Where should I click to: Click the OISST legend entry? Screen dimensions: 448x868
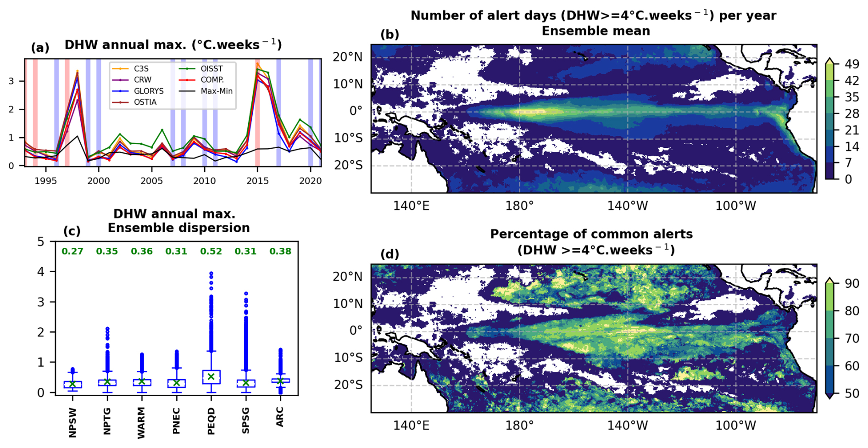(211, 69)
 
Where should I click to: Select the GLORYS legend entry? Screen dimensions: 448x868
(148, 91)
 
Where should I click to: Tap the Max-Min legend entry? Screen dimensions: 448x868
(216, 91)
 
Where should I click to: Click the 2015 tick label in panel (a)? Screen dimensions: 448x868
(257, 181)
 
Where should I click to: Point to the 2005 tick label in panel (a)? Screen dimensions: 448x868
(151, 181)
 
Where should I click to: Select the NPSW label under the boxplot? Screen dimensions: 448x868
(72, 422)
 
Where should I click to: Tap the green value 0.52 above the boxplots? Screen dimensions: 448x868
(211, 252)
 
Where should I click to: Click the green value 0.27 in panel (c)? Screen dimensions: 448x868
(72, 252)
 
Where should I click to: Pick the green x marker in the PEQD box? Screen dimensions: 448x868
(211, 376)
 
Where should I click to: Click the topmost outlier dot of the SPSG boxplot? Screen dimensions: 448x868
(246, 293)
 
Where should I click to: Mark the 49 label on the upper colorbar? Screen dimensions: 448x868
(852, 64)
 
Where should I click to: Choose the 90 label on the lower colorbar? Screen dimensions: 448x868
(852, 284)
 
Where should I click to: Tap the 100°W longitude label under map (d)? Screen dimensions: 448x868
(735, 426)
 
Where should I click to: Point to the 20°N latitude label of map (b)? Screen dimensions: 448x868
(347, 57)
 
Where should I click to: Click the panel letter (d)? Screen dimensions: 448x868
(390, 254)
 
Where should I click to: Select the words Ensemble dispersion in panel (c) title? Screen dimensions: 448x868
(178, 228)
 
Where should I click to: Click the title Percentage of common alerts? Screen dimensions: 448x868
(591, 234)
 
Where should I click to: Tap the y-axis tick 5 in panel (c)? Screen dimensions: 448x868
(41, 242)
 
